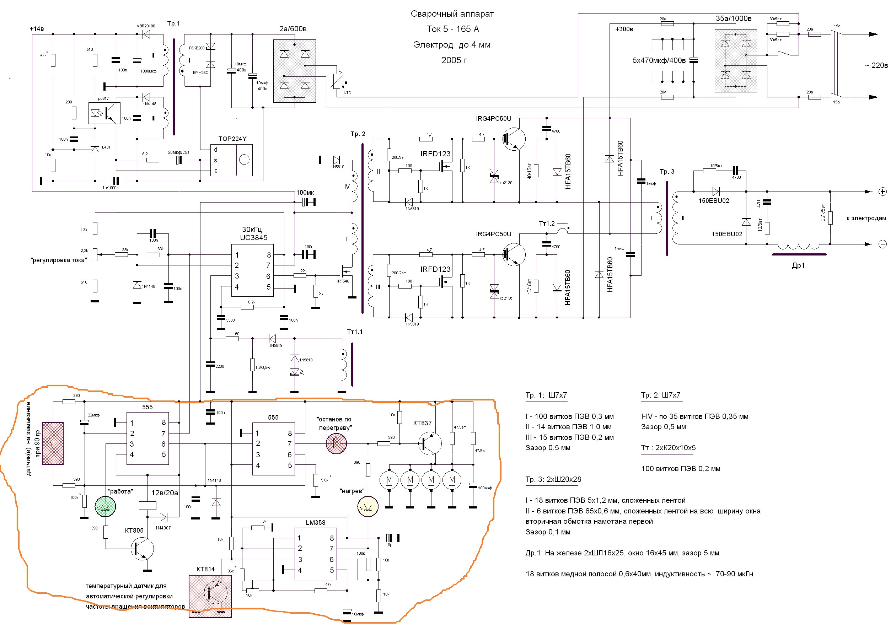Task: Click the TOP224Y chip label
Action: point(232,139)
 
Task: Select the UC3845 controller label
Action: point(254,238)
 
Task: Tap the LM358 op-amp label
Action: point(315,522)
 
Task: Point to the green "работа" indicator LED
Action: point(105,506)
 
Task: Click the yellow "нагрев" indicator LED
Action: point(367,506)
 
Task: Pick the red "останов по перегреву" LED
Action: point(336,443)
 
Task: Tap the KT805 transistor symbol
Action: point(142,549)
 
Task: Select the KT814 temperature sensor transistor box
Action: point(210,596)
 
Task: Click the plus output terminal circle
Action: point(882,192)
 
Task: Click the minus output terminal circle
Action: point(882,244)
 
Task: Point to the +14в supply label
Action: point(37,29)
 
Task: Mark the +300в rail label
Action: point(624,29)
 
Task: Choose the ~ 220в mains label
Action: point(876,65)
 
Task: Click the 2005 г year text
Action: point(454,60)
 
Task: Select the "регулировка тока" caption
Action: point(59,260)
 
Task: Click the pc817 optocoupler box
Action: point(104,113)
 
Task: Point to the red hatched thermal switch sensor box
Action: point(53,443)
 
